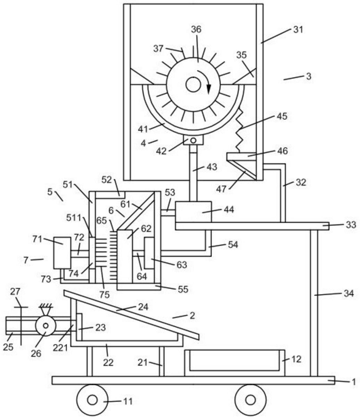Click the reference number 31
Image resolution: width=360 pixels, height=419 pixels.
[x=298, y=29]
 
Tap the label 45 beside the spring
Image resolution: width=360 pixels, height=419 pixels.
[x=282, y=116]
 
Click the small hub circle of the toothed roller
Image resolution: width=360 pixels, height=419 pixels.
[x=193, y=85]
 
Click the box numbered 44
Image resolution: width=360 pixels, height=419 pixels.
[x=193, y=212]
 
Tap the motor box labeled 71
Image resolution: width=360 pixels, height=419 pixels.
[x=62, y=253]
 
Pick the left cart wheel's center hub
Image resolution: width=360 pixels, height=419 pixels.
[x=92, y=400]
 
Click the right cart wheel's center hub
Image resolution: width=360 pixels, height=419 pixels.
[x=250, y=400]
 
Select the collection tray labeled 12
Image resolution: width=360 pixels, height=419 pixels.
[x=235, y=363]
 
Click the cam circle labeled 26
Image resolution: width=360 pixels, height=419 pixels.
[x=46, y=325]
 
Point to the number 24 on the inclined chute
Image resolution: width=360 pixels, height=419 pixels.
[x=143, y=307]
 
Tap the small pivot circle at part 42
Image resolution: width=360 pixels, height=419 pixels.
[x=193, y=140]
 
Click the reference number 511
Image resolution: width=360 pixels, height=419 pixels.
[x=74, y=218]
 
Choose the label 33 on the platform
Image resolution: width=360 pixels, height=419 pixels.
[x=351, y=225]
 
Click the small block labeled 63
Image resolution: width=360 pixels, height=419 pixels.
[x=149, y=253]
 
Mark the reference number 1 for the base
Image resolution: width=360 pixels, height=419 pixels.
[x=354, y=382]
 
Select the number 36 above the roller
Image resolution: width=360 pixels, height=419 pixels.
[x=196, y=29]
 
